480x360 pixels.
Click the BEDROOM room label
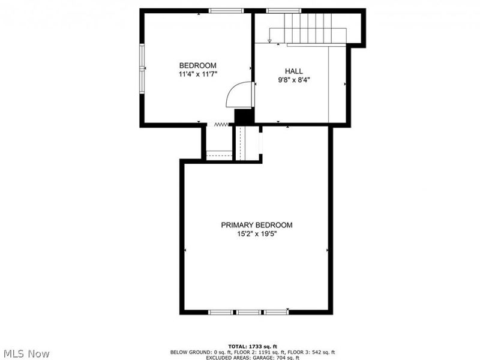click(197, 65)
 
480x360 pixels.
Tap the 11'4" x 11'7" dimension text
click(197, 74)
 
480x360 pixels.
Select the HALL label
click(293, 71)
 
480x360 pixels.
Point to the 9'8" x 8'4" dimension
click(293, 79)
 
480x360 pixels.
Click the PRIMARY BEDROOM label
click(257, 225)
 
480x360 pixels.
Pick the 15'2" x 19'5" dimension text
click(257, 234)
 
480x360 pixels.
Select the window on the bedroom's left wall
click(143, 67)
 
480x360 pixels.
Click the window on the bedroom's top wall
click(226, 10)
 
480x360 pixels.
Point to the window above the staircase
click(284, 10)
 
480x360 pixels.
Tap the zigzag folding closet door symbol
click(221, 124)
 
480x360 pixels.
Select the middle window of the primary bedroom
click(248, 312)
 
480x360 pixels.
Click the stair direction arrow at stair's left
click(269, 40)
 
